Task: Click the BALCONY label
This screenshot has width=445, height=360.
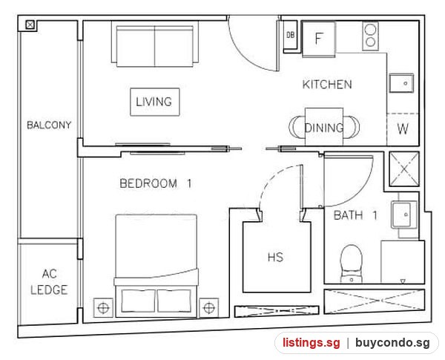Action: coord(49,125)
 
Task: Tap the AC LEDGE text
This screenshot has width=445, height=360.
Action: coord(49,282)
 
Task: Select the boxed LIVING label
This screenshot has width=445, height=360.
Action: coord(155,102)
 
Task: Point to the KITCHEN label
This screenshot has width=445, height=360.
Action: coord(327,85)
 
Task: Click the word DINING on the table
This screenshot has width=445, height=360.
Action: coord(324,128)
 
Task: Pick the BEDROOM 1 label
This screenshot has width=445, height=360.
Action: coord(156,183)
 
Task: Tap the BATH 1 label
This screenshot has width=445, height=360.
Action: coord(355,215)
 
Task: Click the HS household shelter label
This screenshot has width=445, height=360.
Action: coord(275,257)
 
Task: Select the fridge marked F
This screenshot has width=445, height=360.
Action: coord(319,39)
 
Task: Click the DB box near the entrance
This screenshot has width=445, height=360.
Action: coord(290,36)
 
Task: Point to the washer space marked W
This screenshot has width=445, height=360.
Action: coord(403,129)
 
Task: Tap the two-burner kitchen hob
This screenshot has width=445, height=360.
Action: coord(370,36)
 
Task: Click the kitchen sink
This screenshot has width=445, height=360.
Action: coord(401,83)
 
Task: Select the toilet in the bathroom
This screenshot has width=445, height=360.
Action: coord(352,264)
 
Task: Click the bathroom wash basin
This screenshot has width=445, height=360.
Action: coord(404,215)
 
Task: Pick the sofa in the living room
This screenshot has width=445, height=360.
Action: coord(155,45)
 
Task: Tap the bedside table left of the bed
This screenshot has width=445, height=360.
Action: coord(103,307)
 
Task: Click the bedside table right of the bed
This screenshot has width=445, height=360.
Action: coord(209,307)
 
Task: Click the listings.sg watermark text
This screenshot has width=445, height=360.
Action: coord(311,343)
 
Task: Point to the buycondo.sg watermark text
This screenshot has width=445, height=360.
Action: coord(392,343)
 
